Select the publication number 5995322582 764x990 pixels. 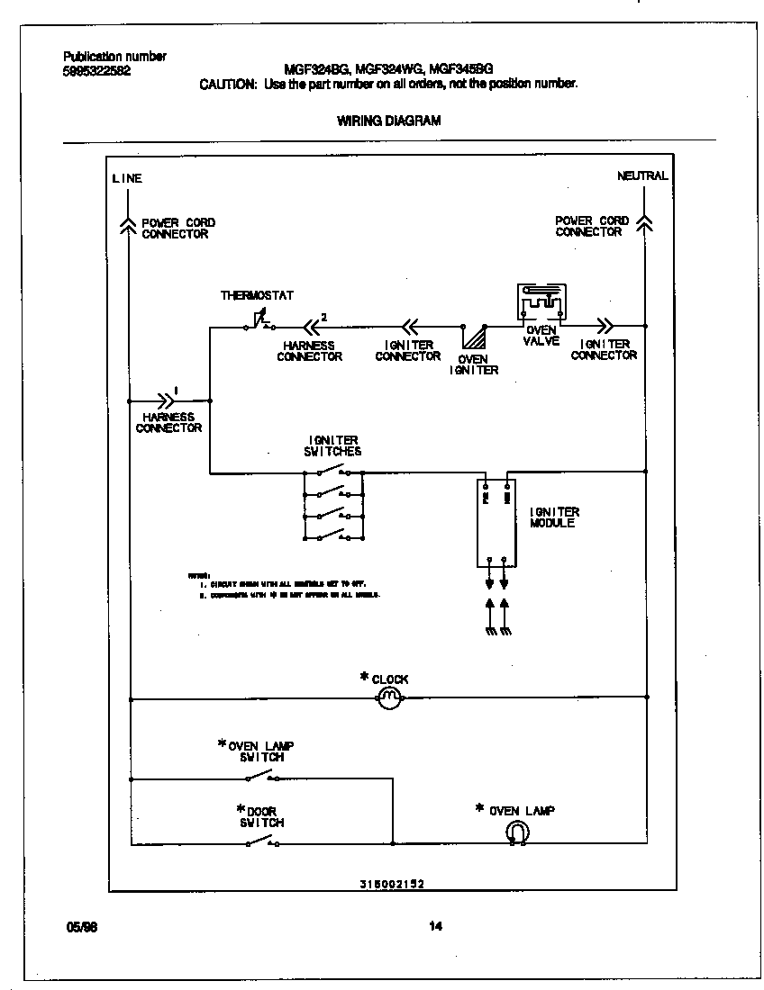coord(97,71)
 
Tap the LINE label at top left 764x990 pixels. coord(127,178)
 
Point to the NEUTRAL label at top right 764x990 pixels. coord(642,175)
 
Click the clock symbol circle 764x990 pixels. coord(388,697)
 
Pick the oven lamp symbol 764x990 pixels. coord(518,833)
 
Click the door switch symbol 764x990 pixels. coord(260,841)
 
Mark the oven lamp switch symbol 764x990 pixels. coord(260,776)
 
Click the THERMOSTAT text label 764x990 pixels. coord(257,295)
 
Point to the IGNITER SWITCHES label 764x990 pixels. coord(332,445)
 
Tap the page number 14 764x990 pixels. coord(436,926)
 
